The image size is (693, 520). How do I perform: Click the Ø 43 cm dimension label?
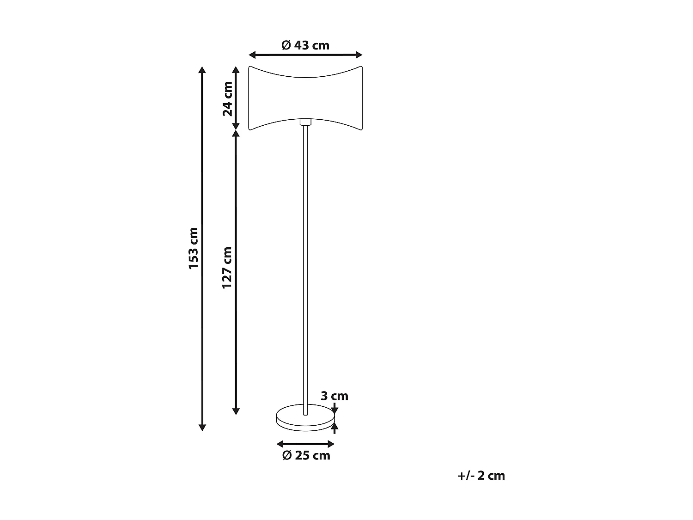point(305,45)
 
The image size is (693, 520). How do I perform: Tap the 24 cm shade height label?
point(228,98)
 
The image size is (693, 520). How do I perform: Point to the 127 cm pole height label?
point(227,268)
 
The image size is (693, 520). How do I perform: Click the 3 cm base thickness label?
point(334,396)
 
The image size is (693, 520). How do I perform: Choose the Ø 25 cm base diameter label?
point(306,455)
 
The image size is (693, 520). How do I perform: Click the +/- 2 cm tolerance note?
point(481,476)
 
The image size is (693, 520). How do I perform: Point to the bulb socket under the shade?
point(305,122)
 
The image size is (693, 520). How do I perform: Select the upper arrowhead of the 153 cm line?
point(201,70)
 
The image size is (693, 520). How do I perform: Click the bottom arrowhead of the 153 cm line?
point(201,427)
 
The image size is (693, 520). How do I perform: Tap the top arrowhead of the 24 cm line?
point(236,70)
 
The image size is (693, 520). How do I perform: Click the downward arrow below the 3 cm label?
point(335,409)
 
